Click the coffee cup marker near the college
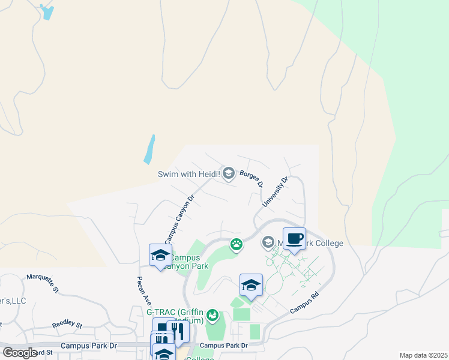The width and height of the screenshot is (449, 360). (294, 239)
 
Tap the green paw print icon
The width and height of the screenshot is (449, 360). (237, 244)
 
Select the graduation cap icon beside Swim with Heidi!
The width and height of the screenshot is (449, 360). (228, 174)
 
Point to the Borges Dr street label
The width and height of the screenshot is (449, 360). (252, 179)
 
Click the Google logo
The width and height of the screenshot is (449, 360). (20, 352)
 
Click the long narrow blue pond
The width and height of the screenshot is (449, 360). (149, 149)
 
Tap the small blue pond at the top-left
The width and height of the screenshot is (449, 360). (46, 12)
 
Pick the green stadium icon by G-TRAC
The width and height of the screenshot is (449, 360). (212, 314)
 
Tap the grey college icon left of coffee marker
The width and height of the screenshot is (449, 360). (268, 243)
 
